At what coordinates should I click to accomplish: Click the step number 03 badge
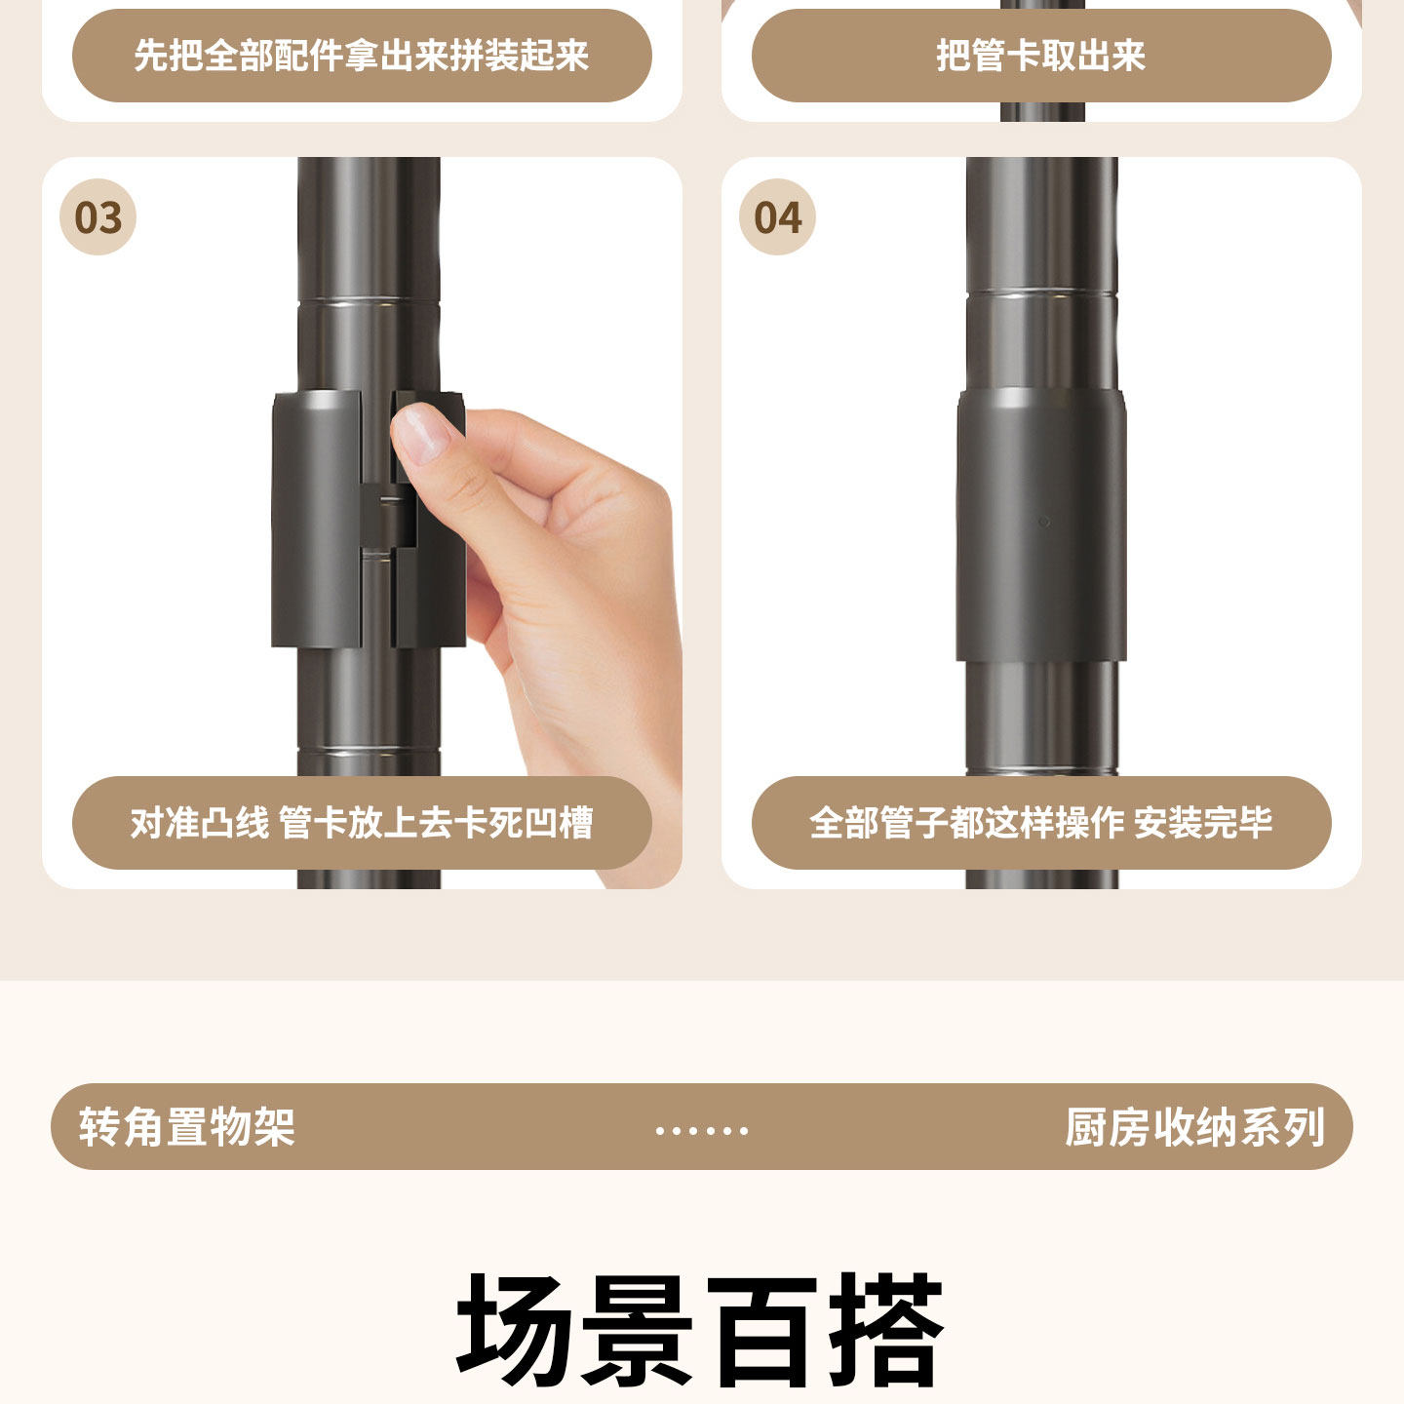(97, 217)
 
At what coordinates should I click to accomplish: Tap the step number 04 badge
(777, 217)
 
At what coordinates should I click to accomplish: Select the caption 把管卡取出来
(1040, 56)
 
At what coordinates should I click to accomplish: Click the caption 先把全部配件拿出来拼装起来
(362, 56)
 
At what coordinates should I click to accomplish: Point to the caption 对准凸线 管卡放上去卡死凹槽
(362, 823)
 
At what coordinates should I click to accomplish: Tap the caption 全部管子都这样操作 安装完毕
(1040, 823)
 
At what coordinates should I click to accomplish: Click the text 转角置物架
(187, 1127)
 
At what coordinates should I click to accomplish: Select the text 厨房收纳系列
(1195, 1127)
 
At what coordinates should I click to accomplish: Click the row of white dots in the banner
(702, 1131)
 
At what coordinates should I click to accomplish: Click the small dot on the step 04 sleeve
(1044, 522)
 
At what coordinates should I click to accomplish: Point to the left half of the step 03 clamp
(317, 519)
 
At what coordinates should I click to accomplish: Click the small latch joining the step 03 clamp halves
(388, 515)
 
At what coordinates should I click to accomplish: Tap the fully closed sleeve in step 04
(1041, 525)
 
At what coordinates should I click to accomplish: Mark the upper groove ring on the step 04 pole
(1041, 293)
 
